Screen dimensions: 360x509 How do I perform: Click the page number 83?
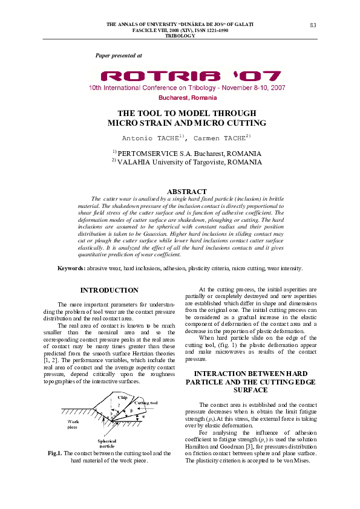(x=313, y=24)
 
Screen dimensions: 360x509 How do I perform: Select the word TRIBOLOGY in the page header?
(x=180, y=36)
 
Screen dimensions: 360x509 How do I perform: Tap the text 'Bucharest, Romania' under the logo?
(x=187, y=97)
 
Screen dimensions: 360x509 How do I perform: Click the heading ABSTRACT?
(x=186, y=192)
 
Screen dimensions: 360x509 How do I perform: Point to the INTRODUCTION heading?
(x=109, y=291)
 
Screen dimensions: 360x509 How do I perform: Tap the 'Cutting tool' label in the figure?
(x=147, y=402)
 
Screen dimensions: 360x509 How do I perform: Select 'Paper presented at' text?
(x=119, y=55)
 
